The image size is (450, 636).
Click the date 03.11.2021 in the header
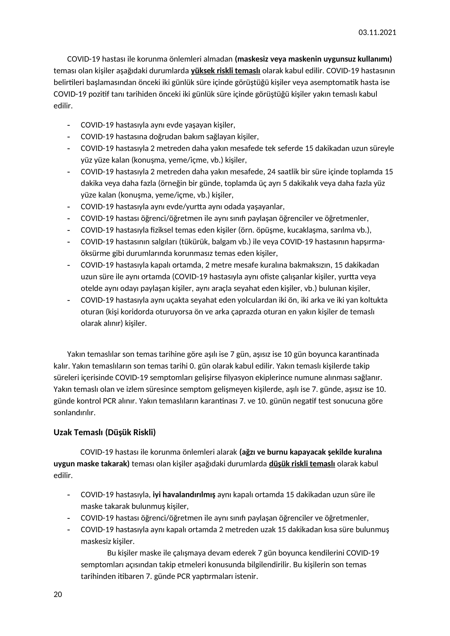tap(377, 33)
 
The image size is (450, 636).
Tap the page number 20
tap(58, 594)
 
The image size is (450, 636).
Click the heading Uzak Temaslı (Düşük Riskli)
tap(104, 432)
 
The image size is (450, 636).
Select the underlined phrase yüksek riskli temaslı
tap(225, 71)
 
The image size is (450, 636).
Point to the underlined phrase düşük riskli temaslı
tap(302, 464)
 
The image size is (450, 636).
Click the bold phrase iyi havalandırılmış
tap(184, 494)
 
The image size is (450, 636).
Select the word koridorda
tap(144, 312)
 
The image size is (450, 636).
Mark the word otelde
tap(90, 288)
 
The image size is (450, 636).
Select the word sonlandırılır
tap(74, 412)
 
